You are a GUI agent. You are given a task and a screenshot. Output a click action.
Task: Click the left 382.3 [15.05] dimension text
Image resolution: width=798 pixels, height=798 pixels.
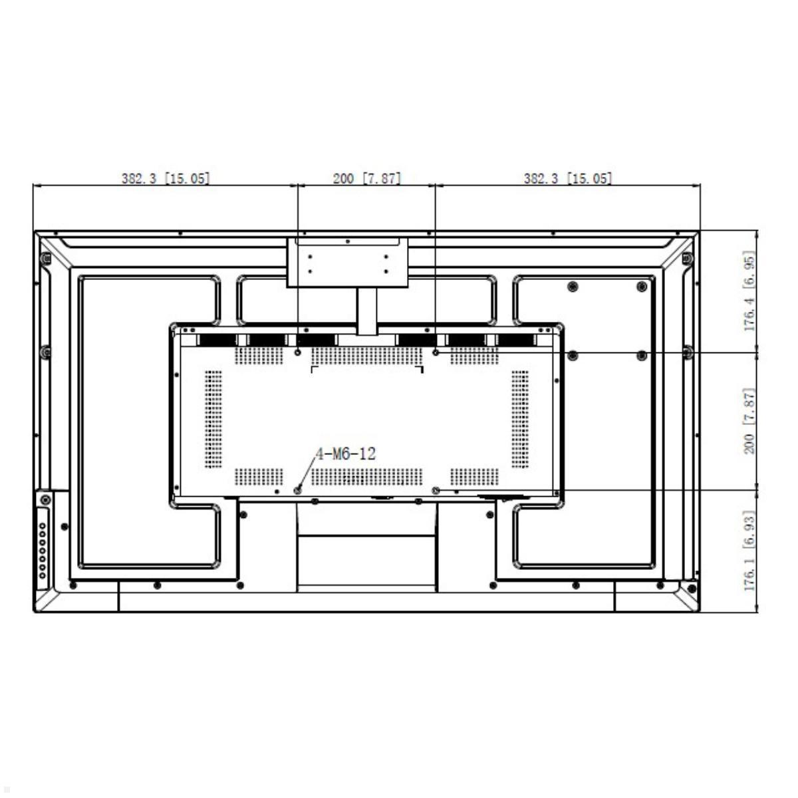[x=166, y=178]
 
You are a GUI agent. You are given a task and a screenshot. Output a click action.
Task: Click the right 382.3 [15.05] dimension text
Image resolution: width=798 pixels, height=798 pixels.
[x=568, y=178]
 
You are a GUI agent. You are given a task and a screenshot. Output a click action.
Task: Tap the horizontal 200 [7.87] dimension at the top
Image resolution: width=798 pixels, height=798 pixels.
[x=367, y=178]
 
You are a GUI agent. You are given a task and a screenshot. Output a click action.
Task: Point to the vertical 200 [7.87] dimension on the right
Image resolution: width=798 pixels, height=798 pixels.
[x=749, y=421]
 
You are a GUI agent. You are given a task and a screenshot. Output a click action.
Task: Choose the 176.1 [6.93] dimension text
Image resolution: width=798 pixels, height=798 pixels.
[x=749, y=551]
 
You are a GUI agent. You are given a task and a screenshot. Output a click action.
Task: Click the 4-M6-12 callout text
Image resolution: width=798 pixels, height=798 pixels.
[x=346, y=454]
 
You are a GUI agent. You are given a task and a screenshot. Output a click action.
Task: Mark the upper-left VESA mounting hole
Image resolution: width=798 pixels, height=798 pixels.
[x=297, y=352]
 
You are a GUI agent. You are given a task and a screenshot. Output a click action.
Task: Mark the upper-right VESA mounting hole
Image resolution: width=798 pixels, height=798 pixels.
[x=435, y=352]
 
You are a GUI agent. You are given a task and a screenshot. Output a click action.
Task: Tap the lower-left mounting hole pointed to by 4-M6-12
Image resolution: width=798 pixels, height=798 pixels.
[x=297, y=491]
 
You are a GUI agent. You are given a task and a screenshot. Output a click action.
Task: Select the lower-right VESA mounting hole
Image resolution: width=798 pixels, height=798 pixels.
[x=435, y=491]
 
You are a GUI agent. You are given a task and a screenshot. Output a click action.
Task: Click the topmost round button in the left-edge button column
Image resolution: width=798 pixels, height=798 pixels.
[x=43, y=526]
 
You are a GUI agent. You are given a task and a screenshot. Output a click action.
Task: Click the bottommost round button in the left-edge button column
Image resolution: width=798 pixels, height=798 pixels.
[x=43, y=576]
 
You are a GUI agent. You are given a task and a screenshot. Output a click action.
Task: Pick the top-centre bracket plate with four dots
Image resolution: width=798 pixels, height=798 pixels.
[x=347, y=262]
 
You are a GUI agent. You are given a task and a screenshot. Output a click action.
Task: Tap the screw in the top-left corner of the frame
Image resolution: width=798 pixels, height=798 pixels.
[x=46, y=259]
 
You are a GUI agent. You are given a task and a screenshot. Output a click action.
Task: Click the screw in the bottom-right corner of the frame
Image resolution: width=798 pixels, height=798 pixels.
[x=691, y=589]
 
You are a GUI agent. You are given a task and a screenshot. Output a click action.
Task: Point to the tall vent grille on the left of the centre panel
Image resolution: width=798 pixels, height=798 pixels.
[x=213, y=420]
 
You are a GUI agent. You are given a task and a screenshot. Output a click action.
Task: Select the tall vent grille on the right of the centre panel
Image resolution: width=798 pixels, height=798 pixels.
[x=520, y=420]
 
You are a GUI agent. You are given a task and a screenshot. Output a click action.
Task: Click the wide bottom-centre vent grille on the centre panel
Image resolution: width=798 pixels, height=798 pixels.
[x=367, y=477]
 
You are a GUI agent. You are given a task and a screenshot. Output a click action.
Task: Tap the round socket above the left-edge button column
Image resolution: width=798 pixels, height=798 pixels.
[x=46, y=500]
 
